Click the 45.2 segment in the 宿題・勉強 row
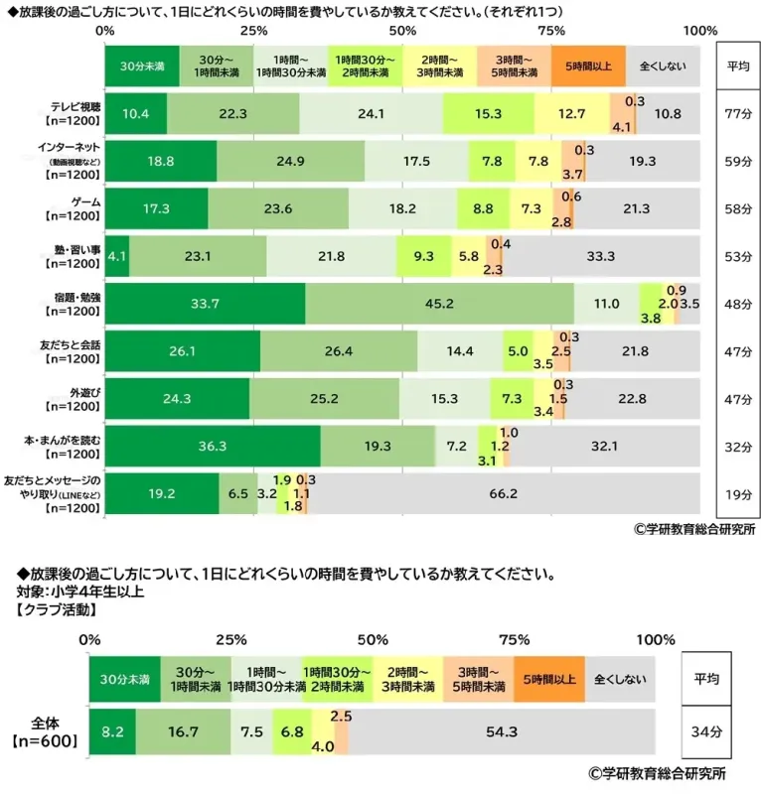[x=439, y=304]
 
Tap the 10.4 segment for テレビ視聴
[x=135, y=114]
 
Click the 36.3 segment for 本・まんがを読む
[x=212, y=446]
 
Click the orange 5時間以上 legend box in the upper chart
[x=588, y=66]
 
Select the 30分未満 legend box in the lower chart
[x=125, y=680]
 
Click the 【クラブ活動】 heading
[x=60, y=609]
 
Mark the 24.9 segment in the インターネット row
[x=290, y=161]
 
